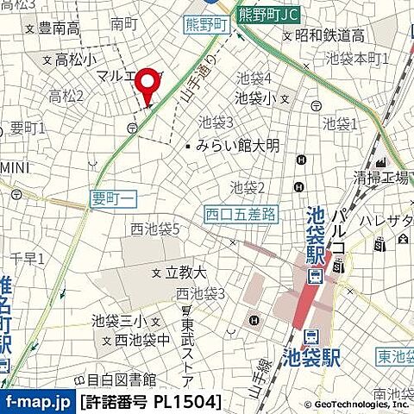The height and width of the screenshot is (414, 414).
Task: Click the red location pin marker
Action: (150, 85)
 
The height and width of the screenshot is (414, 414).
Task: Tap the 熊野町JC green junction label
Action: (271, 13)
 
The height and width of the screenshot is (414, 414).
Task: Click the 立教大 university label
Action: (185, 272)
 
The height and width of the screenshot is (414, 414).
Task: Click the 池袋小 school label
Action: (255, 98)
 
